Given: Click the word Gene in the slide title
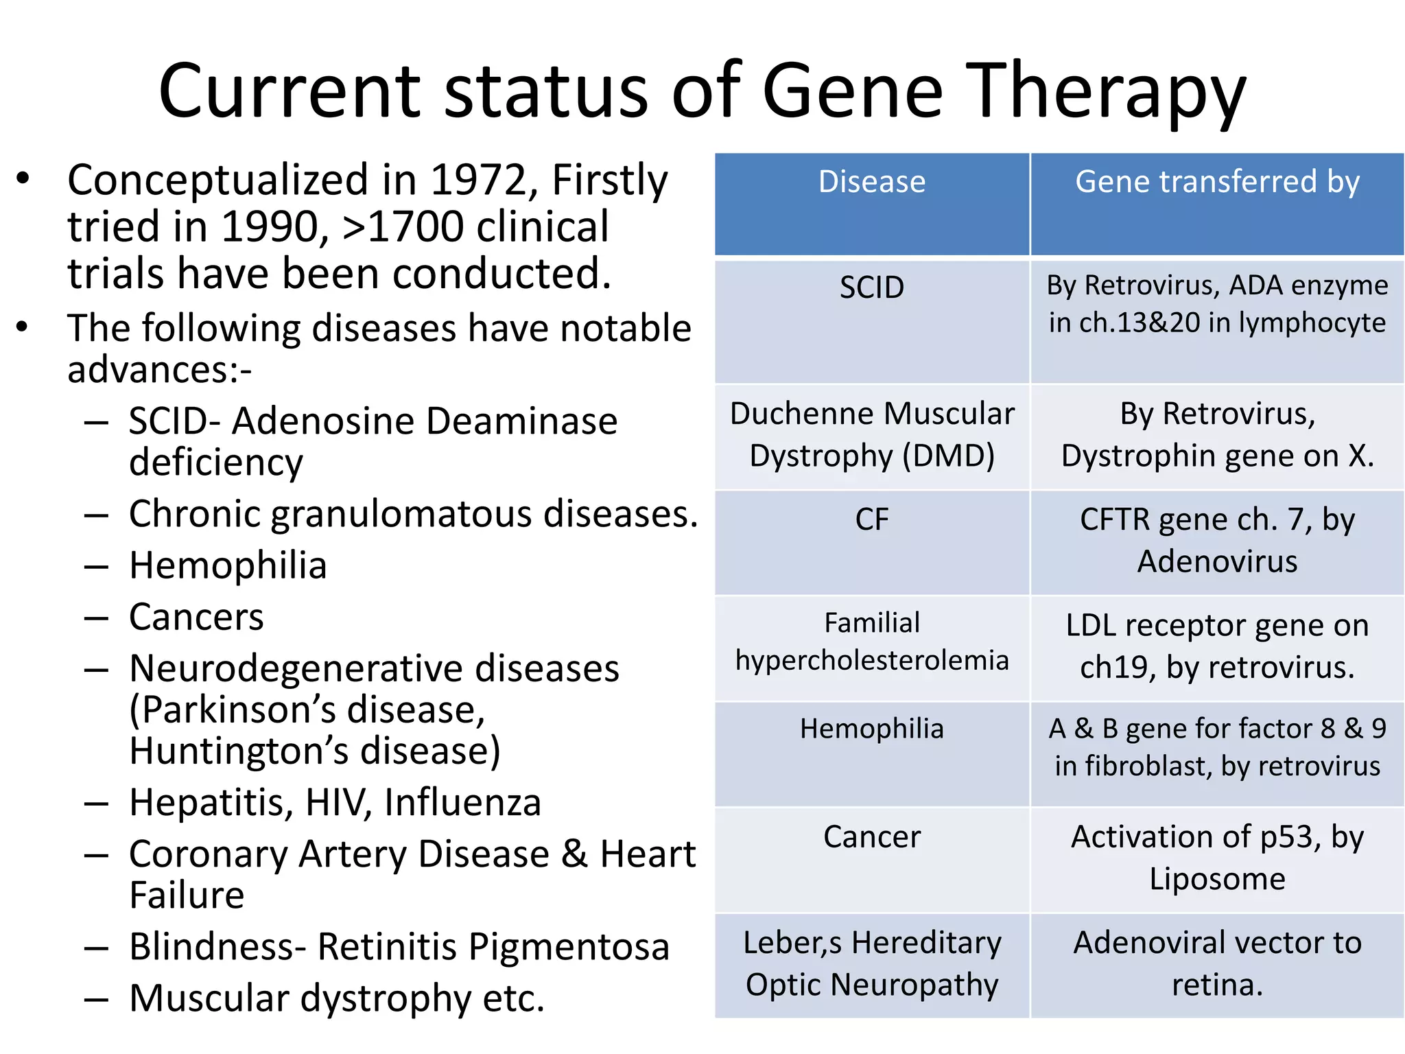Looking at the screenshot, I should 853,91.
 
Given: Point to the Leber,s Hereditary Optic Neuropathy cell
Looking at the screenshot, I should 871,963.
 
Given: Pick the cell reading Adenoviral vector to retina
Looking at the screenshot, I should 1217,963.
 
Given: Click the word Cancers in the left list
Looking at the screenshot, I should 196,617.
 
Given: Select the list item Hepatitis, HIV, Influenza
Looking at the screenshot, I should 335,802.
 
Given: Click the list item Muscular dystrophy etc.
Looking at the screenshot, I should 336,998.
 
